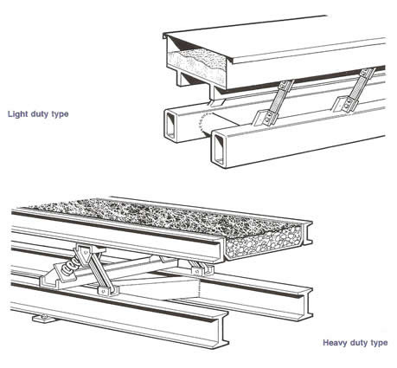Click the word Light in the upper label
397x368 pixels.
pyautogui.click(x=16, y=114)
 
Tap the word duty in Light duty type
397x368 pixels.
pyautogui.click(x=39, y=114)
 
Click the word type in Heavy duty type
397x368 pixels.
pyautogui.click(x=379, y=343)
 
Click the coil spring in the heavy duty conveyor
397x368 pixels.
pyautogui.click(x=69, y=267)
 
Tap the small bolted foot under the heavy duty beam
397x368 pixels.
pyautogui.click(x=43, y=318)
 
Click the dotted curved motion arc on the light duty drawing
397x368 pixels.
pyautogui.click(x=202, y=125)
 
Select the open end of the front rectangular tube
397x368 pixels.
pyautogui.click(x=219, y=151)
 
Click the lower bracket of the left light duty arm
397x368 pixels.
pyautogui.click(x=264, y=118)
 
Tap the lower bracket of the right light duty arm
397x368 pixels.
pyautogui.click(x=344, y=105)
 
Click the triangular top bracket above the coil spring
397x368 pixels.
pyautogui.click(x=86, y=254)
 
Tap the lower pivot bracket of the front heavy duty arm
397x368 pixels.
pyautogui.click(x=106, y=291)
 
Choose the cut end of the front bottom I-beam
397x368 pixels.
pyautogui.click(x=219, y=329)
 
